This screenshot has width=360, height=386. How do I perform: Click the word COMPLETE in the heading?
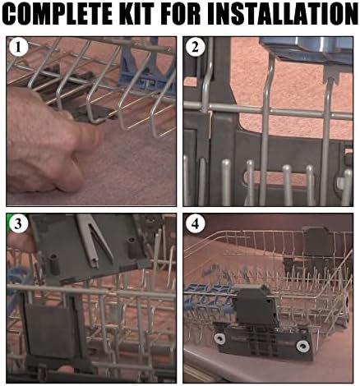(x=58, y=14)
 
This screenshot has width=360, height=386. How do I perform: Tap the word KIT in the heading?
(x=136, y=14)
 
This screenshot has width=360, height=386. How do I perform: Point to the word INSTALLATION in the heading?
(x=282, y=14)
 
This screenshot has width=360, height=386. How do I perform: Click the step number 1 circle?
(x=18, y=47)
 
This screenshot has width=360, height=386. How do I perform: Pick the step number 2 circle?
(x=195, y=47)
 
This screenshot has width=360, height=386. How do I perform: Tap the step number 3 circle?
(x=18, y=223)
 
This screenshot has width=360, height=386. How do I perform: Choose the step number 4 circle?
(x=195, y=223)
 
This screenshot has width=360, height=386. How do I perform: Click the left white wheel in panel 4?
(x=220, y=338)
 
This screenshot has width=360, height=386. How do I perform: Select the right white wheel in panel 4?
(x=303, y=347)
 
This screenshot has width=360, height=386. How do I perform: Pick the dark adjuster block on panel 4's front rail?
(x=257, y=306)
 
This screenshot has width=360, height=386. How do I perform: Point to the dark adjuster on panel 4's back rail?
(x=315, y=241)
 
